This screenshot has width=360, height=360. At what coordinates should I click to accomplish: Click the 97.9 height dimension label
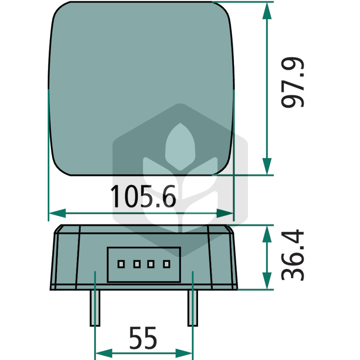coord(293,82)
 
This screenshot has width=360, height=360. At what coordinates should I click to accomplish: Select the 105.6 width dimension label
coord(143,197)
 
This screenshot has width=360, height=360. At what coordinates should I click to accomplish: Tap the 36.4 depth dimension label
coord(293,255)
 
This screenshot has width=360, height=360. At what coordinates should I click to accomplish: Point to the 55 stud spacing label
coord(143,338)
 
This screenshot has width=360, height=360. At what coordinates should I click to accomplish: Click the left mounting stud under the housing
coord(95,308)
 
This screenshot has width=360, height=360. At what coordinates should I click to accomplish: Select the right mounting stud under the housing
coord(193,308)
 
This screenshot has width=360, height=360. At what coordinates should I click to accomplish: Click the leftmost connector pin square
coord(121,264)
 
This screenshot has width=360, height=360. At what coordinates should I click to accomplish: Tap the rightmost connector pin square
coord(166,264)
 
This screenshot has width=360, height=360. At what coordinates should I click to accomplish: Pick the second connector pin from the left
coord(137,264)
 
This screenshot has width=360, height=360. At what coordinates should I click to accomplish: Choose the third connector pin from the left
coord(151,264)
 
